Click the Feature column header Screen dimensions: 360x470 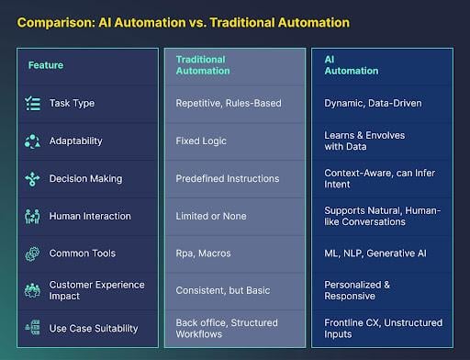click(x=46, y=65)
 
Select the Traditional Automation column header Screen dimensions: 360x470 click(x=201, y=65)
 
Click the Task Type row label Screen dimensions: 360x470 click(x=73, y=104)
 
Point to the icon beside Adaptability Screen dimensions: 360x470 click(x=33, y=141)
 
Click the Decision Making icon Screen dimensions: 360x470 click(x=33, y=179)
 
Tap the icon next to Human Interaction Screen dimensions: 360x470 click(x=33, y=217)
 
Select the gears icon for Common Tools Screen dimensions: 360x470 click(x=33, y=253)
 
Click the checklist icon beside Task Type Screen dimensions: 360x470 click(x=33, y=104)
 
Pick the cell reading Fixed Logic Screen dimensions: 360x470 click(x=201, y=141)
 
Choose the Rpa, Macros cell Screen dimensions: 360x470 click(x=203, y=253)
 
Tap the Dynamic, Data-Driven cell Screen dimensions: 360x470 click(x=373, y=104)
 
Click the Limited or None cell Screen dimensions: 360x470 click(x=211, y=217)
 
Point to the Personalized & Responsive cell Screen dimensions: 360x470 click(x=358, y=291)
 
